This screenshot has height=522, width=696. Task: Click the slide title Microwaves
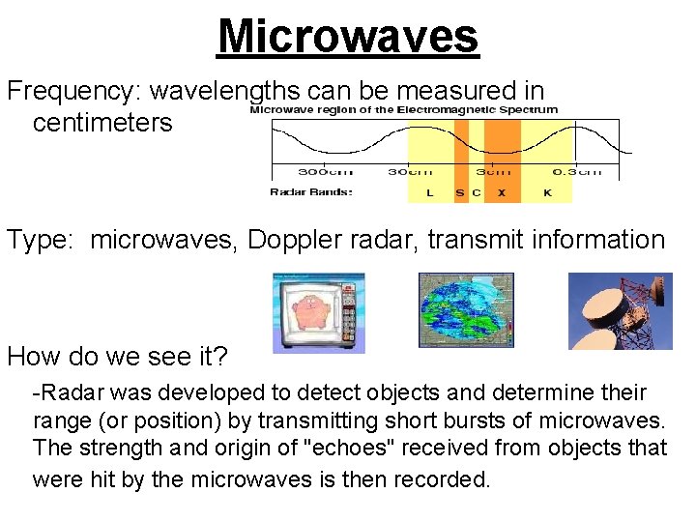[x=348, y=36]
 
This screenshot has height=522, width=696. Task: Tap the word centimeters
[x=102, y=123]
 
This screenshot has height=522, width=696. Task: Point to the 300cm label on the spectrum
[x=325, y=171]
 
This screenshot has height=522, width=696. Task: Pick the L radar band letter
[x=429, y=192]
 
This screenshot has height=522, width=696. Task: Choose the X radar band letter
[x=501, y=192]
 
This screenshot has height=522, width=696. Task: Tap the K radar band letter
[x=546, y=192]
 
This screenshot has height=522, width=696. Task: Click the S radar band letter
[x=460, y=192]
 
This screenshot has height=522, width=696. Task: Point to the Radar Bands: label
[x=311, y=192]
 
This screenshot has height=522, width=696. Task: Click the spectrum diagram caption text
[x=404, y=109]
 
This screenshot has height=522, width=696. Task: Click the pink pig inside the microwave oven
[x=306, y=310]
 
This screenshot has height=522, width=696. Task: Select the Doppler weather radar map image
[x=466, y=309]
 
